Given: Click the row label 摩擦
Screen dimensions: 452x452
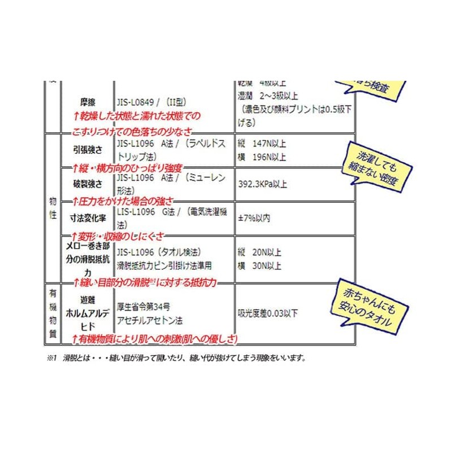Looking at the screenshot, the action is pyautogui.click(x=88, y=102).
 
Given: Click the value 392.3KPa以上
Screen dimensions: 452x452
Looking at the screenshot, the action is pyautogui.click(x=263, y=184).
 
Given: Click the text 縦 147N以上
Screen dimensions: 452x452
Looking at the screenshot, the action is pyautogui.click(x=262, y=145).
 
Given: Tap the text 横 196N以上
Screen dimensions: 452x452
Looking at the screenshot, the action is pyautogui.click(x=262, y=157).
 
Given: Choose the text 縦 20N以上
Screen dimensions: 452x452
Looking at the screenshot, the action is pyautogui.click(x=260, y=253).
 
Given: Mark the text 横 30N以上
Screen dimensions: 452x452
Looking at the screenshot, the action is pyautogui.click(x=260, y=265).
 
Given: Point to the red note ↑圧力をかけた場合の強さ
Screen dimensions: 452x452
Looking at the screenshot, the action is pyautogui.click(x=123, y=201).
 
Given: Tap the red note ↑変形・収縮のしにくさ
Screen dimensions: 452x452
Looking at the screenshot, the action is pyautogui.click(x=121, y=235).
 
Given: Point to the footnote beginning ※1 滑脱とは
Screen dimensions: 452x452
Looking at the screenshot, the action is pyautogui.click(x=176, y=358).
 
